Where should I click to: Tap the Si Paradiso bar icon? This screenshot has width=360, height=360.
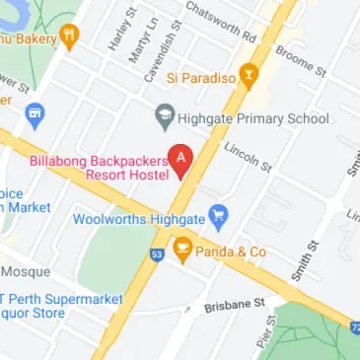click(x=251, y=76)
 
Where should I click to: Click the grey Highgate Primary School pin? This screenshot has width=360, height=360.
click(x=165, y=119)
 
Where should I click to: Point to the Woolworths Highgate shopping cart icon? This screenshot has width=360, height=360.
click(x=220, y=213)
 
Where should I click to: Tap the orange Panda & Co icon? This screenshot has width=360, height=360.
click(x=182, y=251)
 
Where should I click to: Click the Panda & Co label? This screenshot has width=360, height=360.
click(x=232, y=252)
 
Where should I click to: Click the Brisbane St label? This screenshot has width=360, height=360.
click(x=236, y=307)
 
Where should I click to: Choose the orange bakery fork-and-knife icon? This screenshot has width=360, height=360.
click(x=69, y=37)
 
